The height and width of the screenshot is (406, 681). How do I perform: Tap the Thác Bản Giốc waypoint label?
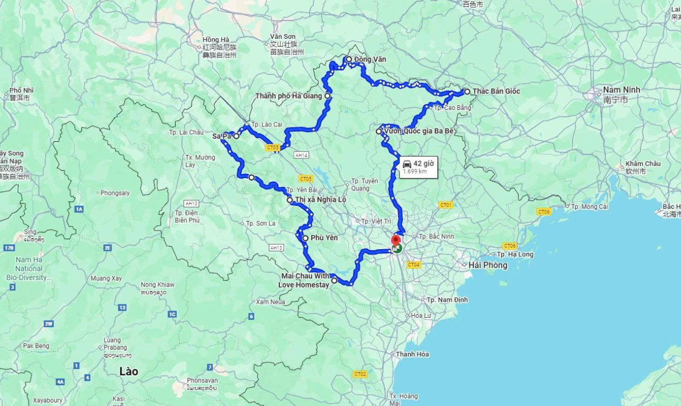[496, 91]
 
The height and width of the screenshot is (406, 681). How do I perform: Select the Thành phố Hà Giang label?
[288, 96]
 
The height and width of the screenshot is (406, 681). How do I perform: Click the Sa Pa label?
[221, 136]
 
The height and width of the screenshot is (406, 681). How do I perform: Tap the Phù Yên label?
[324, 238]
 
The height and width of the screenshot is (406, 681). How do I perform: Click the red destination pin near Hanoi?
[395, 240]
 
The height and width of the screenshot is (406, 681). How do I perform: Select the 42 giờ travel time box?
[419, 167]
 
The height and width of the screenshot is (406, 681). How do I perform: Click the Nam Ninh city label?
[621, 90]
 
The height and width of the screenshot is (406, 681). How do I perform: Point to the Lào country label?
[129, 371]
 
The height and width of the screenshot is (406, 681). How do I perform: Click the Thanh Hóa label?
[412, 354]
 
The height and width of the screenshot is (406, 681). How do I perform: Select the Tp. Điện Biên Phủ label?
[187, 216]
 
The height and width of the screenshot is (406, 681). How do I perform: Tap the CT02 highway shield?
[360, 374]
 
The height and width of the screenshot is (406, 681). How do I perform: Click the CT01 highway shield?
[446, 205]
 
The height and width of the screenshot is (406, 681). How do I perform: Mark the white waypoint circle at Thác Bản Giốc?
[467, 91]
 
